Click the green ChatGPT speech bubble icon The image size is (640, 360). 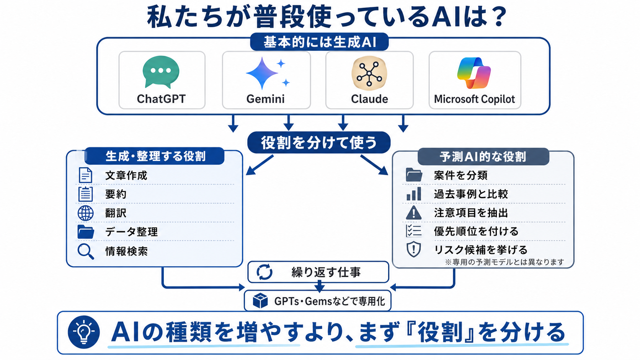161,72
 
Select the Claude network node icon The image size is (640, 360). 369,73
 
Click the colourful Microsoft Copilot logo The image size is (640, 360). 474,73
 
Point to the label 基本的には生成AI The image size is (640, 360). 320,42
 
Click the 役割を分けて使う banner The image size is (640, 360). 319,142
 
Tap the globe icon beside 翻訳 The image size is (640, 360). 85,213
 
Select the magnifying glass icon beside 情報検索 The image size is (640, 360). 86,251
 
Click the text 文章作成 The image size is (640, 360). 126,175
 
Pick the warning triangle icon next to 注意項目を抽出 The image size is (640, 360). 413,213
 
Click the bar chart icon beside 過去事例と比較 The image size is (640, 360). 414,194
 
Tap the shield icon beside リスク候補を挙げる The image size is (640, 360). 413,249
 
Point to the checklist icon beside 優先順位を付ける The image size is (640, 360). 413,231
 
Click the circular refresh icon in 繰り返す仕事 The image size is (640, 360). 264,272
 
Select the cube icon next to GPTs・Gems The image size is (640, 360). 260,301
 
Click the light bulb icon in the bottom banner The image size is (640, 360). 84,332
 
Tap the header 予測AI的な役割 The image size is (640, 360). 483,156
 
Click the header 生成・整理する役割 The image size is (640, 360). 155,156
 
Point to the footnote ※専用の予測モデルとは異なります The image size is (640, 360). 504,262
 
